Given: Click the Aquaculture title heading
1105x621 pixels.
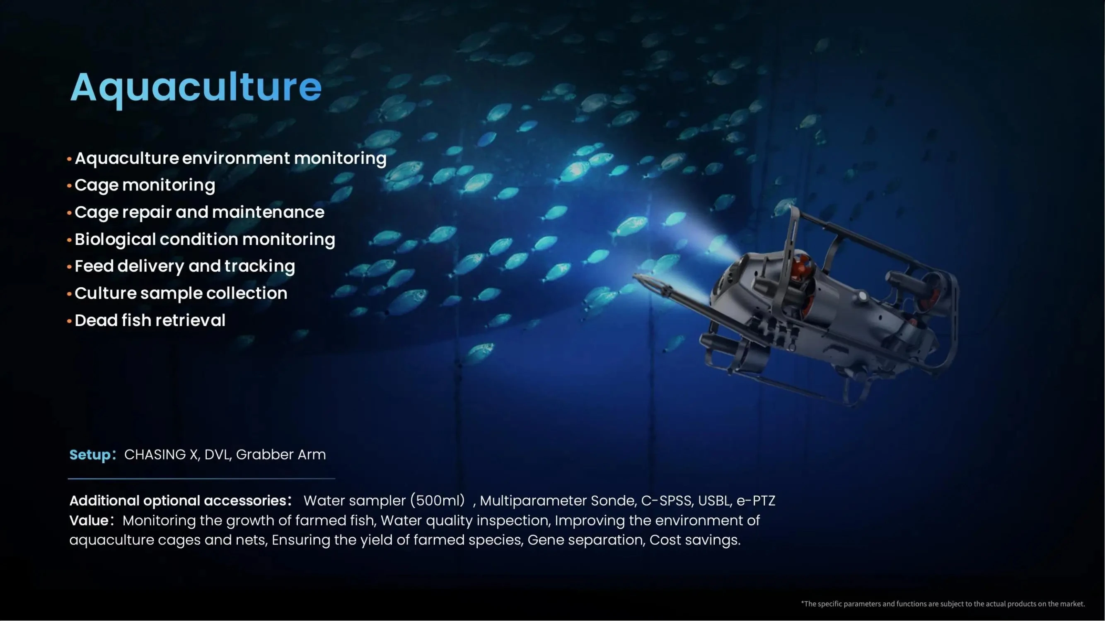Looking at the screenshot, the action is [196, 87].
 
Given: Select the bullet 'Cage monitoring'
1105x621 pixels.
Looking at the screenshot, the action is [145, 185].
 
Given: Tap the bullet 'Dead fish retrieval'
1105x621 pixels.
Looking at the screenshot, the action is [150, 320].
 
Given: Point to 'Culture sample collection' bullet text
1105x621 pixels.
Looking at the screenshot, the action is [181, 294].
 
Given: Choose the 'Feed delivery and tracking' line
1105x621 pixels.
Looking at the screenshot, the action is [185, 266].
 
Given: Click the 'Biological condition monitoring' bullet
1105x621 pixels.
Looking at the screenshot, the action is [205, 239].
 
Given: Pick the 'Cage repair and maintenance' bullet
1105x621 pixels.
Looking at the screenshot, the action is [199, 212].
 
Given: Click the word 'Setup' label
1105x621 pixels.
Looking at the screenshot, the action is [89, 455].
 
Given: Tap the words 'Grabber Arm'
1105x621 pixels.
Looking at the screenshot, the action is [281, 454].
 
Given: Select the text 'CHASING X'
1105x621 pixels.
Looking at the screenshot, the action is [161, 454].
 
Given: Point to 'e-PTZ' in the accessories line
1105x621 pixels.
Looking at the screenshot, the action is [756, 501].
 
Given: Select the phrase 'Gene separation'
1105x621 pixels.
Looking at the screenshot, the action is [585, 540].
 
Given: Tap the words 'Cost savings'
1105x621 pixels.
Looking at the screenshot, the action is [694, 540].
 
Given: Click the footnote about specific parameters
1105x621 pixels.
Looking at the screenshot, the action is [943, 604].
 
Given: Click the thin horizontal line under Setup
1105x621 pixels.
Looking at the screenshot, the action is [201, 478].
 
